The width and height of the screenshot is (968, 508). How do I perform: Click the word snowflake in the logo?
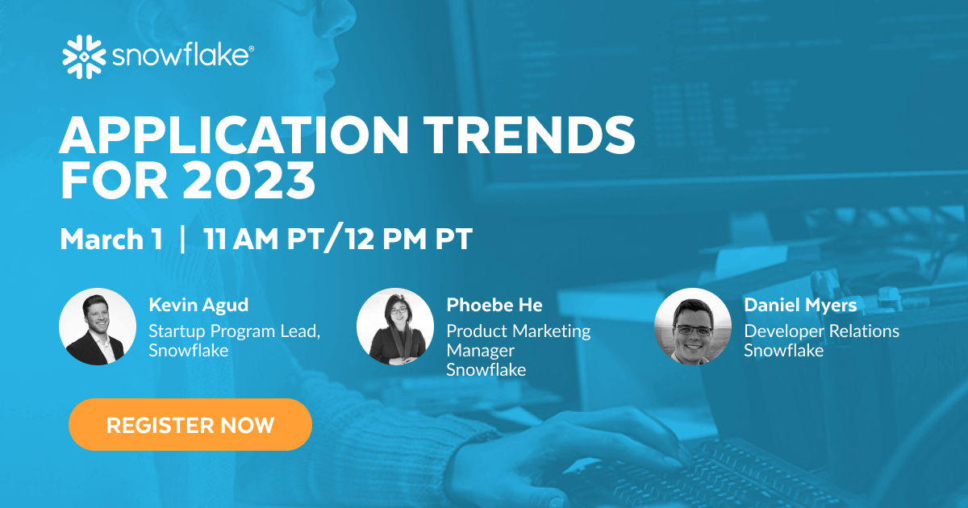[x=181, y=58]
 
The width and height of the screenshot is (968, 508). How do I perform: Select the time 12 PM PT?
[x=419, y=239]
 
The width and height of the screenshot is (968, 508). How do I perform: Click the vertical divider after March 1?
[x=183, y=239]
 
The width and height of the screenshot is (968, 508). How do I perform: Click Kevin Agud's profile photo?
[x=98, y=327]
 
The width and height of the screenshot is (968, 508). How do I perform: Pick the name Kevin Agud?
[x=198, y=305]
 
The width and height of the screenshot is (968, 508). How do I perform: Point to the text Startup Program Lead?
[x=235, y=331]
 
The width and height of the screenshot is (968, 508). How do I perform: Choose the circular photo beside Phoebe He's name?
[x=395, y=327]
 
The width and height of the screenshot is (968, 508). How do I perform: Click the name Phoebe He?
[x=494, y=305]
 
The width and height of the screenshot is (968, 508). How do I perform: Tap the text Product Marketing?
[x=519, y=331]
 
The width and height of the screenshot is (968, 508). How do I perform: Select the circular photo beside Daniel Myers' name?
[x=693, y=327]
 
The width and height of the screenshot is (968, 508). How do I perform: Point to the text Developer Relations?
[x=821, y=331]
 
